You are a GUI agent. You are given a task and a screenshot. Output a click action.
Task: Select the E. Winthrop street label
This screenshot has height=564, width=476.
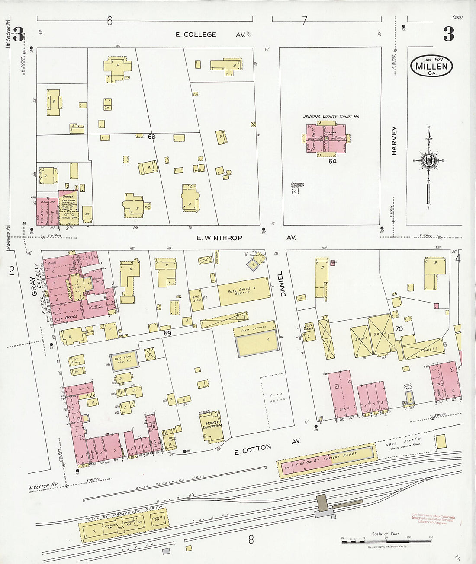click(x=219, y=238)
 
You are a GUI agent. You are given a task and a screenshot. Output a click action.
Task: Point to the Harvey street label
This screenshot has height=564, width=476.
click(x=394, y=140)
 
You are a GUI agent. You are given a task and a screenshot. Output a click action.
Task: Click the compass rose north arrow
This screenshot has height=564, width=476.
click(x=428, y=160)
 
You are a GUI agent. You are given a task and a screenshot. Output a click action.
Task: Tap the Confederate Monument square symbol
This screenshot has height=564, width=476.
click(x=295, y=191)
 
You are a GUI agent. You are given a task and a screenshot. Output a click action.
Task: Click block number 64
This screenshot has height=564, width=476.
click(x=332, y=161)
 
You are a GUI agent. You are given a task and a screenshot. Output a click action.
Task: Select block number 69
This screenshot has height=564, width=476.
click(x=168, y=333)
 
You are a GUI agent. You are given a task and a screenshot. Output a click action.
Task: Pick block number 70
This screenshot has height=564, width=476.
click(x=399, y=328)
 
